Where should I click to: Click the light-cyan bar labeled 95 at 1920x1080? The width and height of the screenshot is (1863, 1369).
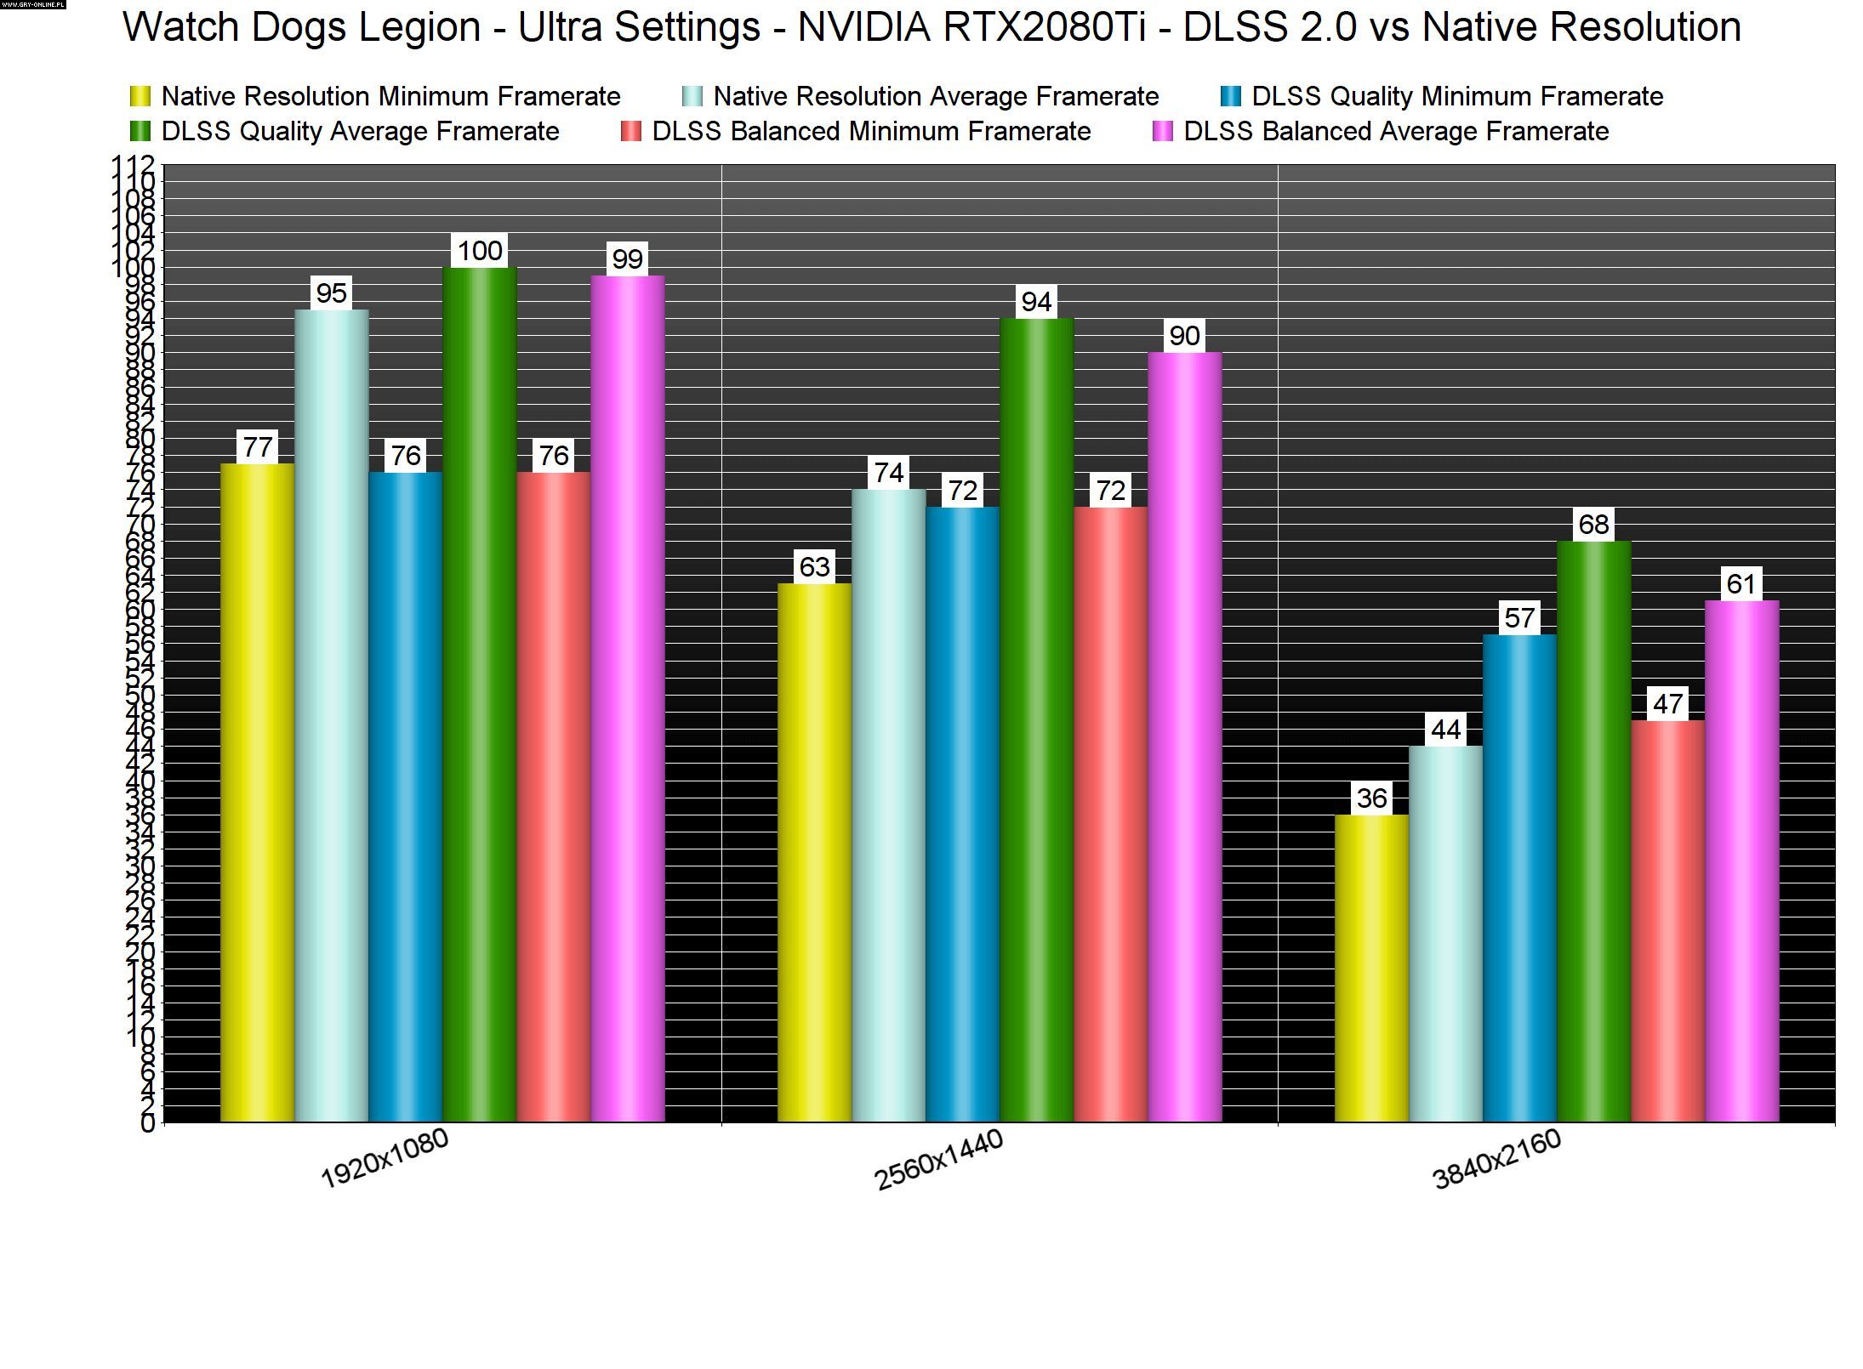[x=331, y=715]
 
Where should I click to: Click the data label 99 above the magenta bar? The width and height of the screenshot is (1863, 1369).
[x=627, y=258]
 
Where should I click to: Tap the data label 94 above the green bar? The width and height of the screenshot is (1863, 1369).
[x=1036, y=301]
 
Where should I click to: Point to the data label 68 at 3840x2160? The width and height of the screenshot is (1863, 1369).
[x=1593, y=525]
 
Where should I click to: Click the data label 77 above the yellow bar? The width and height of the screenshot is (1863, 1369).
[x=258, y=446]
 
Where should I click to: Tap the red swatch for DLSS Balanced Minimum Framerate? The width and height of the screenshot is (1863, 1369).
[x=630, y=132]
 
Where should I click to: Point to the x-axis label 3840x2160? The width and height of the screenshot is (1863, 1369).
[x=1497, y=1158]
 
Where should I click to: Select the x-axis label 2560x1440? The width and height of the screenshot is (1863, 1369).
[x=939, y=1160]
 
